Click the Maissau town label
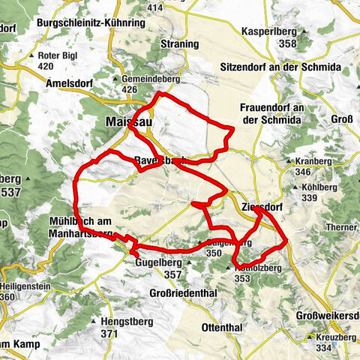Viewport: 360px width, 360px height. coord(126,121)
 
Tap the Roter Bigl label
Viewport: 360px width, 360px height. coord(58,55)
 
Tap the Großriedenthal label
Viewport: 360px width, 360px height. coord(188,292)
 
